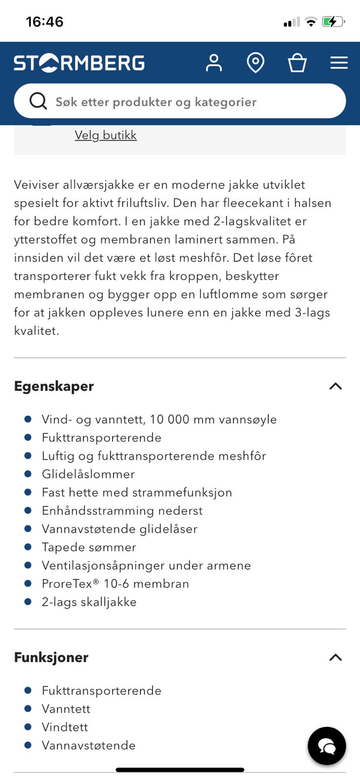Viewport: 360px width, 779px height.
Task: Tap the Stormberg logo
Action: [x=79, y=63]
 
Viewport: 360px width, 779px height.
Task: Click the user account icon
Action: [x=213, y=63]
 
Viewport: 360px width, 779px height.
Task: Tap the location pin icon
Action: [x=255, y=63]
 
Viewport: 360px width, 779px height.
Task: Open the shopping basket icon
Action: [x=297, y=63]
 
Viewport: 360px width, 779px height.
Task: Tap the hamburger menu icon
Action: [x=339, y=63]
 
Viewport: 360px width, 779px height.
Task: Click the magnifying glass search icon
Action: [x=38, y=101]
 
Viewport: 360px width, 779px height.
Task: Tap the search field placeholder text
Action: [x=156, y=102]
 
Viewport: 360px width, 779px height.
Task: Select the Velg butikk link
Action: [x=106, y=135]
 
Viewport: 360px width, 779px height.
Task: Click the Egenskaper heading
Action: [x=54, y=386]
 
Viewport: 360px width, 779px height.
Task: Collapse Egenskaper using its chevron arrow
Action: [x=336, y=386]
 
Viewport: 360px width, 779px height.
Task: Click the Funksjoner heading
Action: [x=51, y=657]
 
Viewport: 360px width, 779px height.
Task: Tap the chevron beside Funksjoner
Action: [x=336, y=657]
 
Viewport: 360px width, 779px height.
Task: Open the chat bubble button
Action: [x=326, y=746]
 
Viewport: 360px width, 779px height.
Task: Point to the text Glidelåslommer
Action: [x=88, y=474]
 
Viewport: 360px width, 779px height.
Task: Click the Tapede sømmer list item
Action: [x=89, y=547]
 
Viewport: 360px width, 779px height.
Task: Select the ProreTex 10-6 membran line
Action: [x=115, y=584]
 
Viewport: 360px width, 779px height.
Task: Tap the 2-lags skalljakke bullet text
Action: [x=89, y=602]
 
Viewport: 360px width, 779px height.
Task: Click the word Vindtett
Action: [x=65, y=727]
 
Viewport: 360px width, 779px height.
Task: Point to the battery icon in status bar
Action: [x=333, y=22]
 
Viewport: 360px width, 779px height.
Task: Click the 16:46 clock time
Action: [x=44, y=22]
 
